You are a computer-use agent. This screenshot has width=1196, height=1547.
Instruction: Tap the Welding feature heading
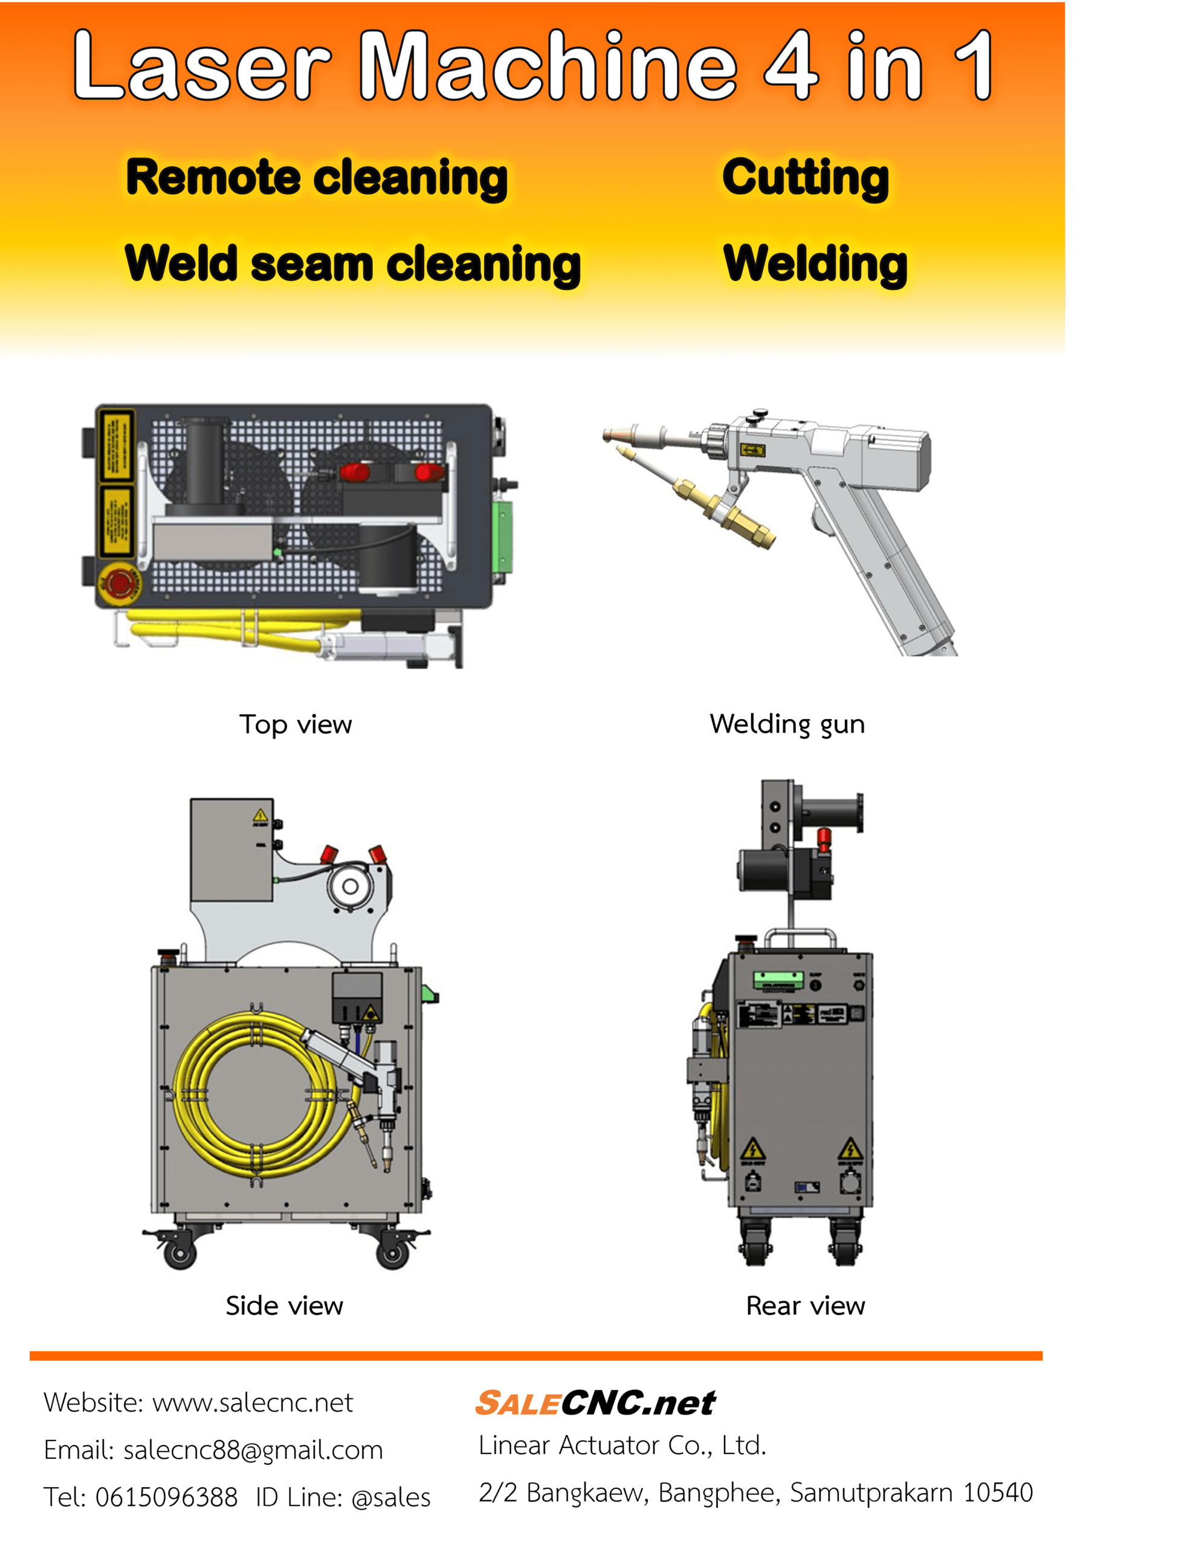[815, 263]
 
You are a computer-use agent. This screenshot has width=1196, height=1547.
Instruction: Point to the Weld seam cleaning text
[352, 263]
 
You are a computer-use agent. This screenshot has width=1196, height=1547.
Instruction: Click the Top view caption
[296, 724]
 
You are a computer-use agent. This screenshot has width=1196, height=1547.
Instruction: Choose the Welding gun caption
[787, 724]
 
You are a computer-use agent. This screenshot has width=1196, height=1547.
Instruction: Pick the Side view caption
[284, 1305]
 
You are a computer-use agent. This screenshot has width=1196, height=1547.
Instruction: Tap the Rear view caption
[806, 1305]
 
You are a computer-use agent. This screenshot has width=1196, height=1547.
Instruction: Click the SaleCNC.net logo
[595, 1403]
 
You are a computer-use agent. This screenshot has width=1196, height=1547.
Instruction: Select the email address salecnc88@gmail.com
[253, 1450]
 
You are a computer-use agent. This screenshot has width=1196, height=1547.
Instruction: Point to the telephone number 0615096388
[167, 1497]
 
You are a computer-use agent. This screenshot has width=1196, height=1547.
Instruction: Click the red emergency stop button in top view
[119, 583]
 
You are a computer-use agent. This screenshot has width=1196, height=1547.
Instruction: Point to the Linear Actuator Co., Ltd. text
[622, 1445]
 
